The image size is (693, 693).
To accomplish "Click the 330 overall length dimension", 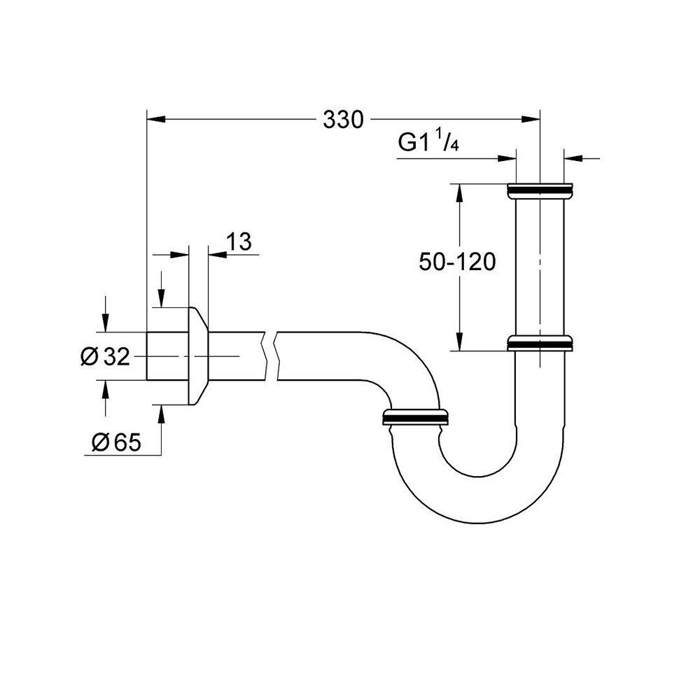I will [x=343, y=120].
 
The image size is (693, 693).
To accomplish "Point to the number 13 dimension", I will [x=239, y=242].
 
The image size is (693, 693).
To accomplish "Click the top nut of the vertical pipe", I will [x=540, y=190].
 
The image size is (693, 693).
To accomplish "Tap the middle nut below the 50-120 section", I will [x=540, y=343].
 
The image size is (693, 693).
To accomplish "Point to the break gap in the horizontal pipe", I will [x=270, y=356].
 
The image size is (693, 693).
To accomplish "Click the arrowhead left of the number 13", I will [x=216, y=255].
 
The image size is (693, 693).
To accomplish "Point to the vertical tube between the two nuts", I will [x=540, y=266].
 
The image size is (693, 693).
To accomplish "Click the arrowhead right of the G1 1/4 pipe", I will [x=572, y=158].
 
